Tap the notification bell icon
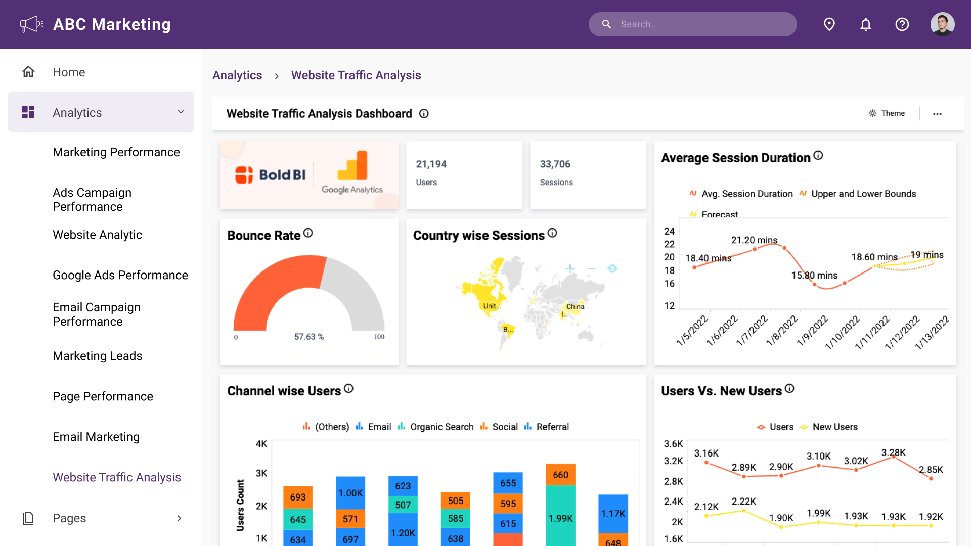[x=866, y=24]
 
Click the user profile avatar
[x=942, y=24]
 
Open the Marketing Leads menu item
[x=98, y=356]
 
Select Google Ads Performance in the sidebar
[x=120, y=275]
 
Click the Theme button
[x=887, y=113]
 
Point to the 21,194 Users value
[x=431, y=164]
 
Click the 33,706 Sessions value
[x=555, y=164]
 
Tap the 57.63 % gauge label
[x=309, y=337]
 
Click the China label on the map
[x=575, y=307]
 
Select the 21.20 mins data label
[x=754, y=240]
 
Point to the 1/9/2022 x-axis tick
[x=812, y=330]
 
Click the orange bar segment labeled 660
[x=560, y=475]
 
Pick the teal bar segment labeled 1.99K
[x=560, y=518]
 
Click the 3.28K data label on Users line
[x=893, y=452]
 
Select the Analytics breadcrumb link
[x=237, y=75]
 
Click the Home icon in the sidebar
[x=28, y=72]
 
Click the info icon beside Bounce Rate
[x=308, y=233]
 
